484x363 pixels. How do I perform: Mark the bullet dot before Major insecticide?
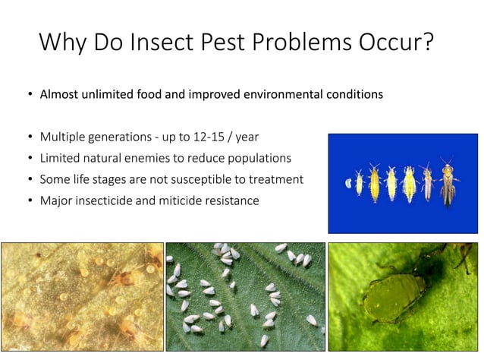pos(30,201)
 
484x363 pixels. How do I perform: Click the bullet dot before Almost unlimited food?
pos(30,96)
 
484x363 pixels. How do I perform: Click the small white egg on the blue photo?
pos(348,183)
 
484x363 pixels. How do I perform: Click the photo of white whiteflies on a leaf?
pos(245,296)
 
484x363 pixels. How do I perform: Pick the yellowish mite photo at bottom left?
pos(82,296)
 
